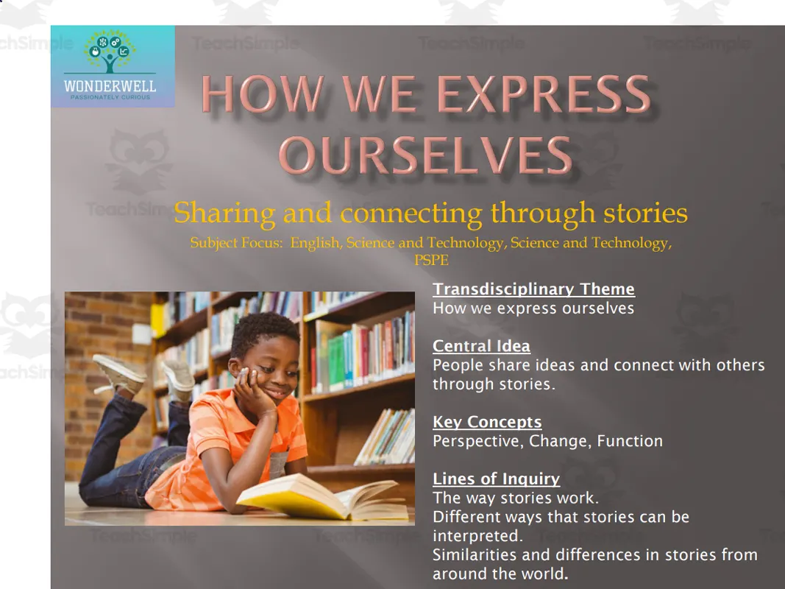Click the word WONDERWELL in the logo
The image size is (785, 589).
[110, 86]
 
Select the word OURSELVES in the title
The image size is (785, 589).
[425, 155]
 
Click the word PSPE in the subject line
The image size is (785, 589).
[431, 260]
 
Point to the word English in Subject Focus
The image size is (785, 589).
[314, 243]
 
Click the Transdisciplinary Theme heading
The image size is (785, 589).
[533, 289]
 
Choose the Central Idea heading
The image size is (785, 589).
[481, 346]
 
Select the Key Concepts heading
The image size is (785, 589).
[487, 422]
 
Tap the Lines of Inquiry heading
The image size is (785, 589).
[496, 479]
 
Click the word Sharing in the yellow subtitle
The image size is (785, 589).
[224, 214]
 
